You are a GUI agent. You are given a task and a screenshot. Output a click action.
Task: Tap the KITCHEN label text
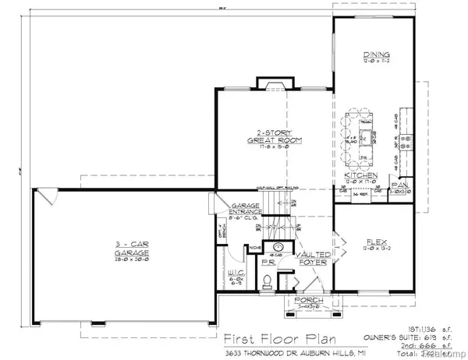(x=360, y=176)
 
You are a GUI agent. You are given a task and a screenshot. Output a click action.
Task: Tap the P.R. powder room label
(x=268, y=263)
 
